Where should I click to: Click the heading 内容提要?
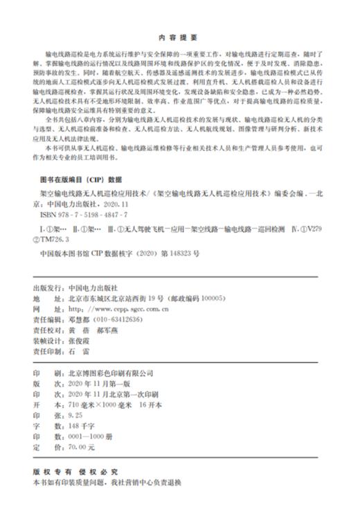(179, 37)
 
